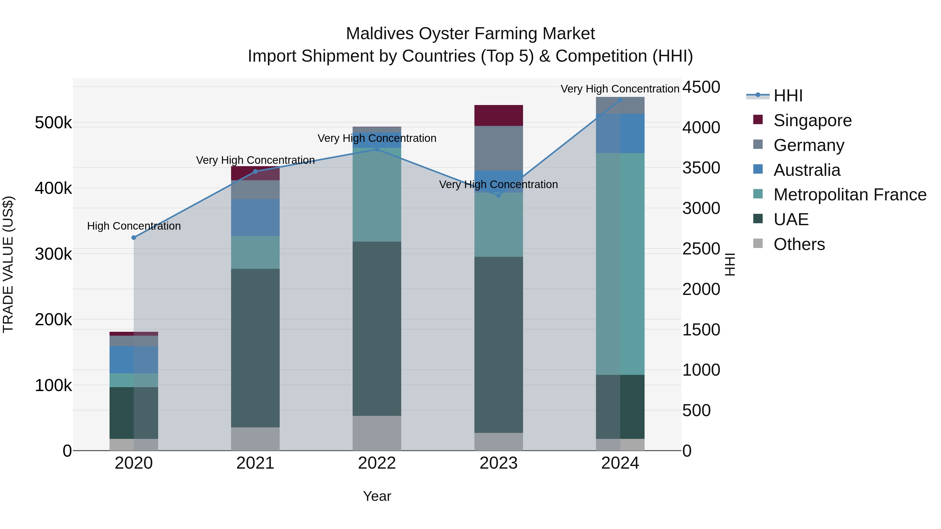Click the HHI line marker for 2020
click(134, 238)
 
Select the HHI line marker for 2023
click(499, 195)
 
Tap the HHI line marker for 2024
click(620, 100)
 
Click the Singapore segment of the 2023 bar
click(499, 115)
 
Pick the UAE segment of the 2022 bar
click(377, 329)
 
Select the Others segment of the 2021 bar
click(255, 439)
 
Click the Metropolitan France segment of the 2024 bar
click(620, 264)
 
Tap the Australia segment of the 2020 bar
click(134, 360)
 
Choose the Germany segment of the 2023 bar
click(499, 148)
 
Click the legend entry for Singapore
click(812, 120)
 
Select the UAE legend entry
click(791, 219)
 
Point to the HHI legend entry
click(788, 96)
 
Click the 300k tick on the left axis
click(53, 254)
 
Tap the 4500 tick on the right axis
click(701, 87)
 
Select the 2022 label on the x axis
click(377, 463)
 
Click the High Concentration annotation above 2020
click(134, 226)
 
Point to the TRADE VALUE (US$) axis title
click(8, 264)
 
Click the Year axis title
click(377, 496)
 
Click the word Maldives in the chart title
click(380, 34)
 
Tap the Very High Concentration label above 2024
click(620, 89)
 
